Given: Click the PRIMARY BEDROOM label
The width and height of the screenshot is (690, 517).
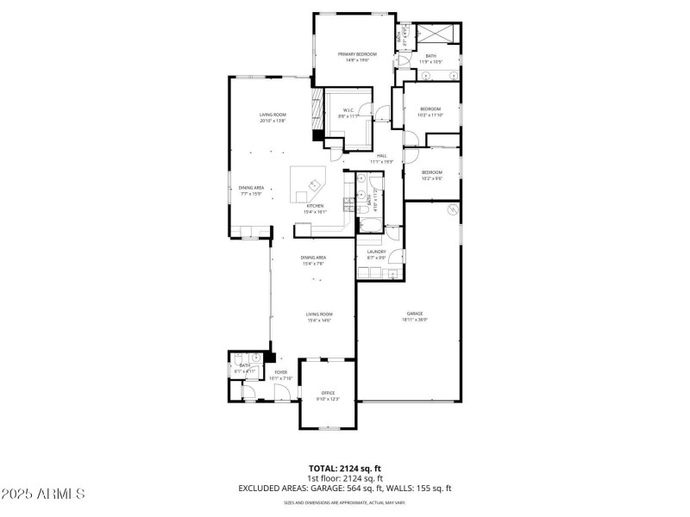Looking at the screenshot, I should pos(357,54).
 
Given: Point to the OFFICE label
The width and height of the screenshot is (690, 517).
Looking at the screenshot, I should pos(328,393).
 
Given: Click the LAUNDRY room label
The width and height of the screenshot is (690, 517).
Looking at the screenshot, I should pos(376,252).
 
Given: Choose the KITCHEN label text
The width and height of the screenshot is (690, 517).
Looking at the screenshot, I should pos(315,206).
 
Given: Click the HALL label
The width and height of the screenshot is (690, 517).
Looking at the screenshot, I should pos(381,156).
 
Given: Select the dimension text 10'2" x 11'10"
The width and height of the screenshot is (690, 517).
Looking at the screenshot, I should pos(430,114).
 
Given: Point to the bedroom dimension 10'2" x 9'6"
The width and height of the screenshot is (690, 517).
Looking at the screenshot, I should pos(431,178).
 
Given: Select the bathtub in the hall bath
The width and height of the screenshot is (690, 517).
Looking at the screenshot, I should pos(369,226).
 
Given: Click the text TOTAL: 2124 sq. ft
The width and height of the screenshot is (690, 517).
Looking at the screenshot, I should pos(345,468).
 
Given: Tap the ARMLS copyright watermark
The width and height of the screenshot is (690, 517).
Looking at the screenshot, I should pos(43,494).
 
